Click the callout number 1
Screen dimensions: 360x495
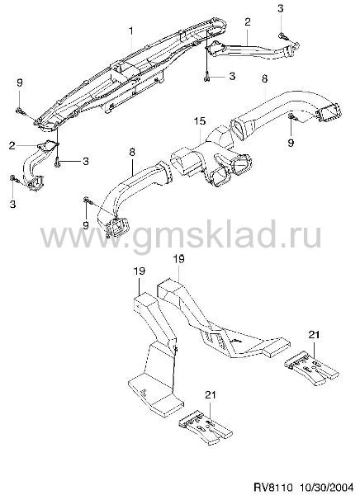click(130, 31)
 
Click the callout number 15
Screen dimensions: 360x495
click(200, 121)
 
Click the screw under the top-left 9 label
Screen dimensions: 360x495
click(21, 111)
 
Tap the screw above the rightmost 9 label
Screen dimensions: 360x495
click(291, 118)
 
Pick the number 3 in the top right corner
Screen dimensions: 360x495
click(281, 8)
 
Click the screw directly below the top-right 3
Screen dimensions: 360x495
click(282, 37)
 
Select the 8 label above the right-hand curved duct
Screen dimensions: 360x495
click(264, 78)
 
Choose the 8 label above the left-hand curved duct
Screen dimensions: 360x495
click(132, 152)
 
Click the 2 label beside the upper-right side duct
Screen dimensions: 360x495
click(248, 21)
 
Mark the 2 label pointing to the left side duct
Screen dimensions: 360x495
click(12, 145)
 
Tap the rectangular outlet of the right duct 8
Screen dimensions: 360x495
click(330, 113)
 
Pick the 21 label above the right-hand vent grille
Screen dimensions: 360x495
click(315, 335)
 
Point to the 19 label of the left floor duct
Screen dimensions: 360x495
click(139, 271)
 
